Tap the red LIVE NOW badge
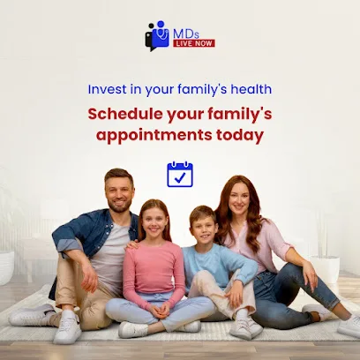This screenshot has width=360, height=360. click(x=194, y=42)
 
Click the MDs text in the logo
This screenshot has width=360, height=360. click(x=186, y=31)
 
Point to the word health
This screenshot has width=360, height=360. click(x=251, y=89)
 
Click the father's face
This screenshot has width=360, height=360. click(x=119, y=192)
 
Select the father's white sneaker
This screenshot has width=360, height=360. click(x=67, y=328)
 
